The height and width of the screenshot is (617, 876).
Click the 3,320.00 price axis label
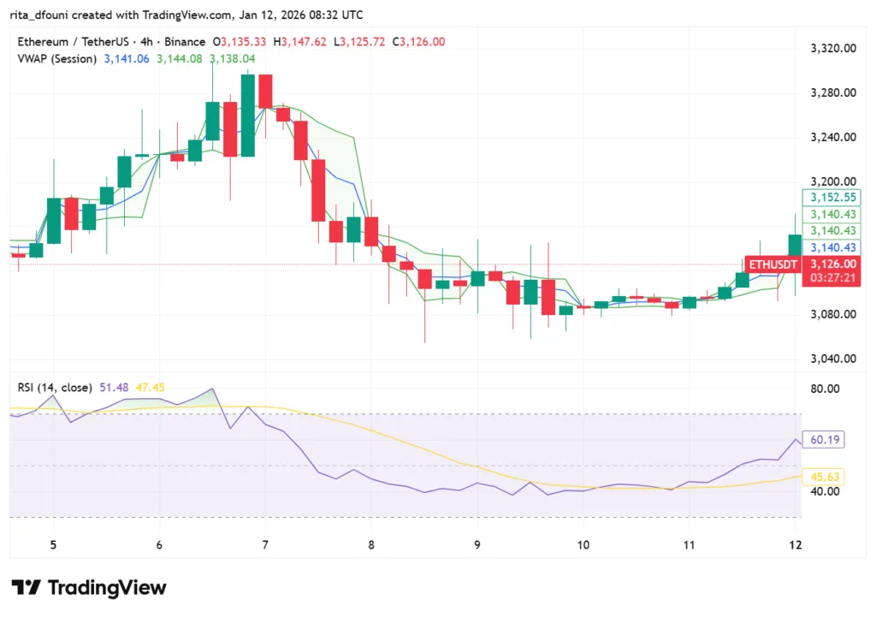pos(833,49)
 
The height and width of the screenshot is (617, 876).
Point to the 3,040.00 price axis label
pos(833,359)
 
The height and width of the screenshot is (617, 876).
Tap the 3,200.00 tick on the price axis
pos(833,181)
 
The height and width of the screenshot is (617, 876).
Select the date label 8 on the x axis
pos(371,545)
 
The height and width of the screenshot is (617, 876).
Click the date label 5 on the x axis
pos(53,545)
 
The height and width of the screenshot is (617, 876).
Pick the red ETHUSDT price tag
pos(773,264)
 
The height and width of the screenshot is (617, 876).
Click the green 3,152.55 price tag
pos(832,197)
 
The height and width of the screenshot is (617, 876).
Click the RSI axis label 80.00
pos(826,389)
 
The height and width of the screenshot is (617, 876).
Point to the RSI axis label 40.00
pos(826,491)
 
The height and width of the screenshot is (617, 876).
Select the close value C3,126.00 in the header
pos(420,42)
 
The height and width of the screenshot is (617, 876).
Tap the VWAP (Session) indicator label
pos(57,58)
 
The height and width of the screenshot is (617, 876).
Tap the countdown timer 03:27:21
pos(832,279)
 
